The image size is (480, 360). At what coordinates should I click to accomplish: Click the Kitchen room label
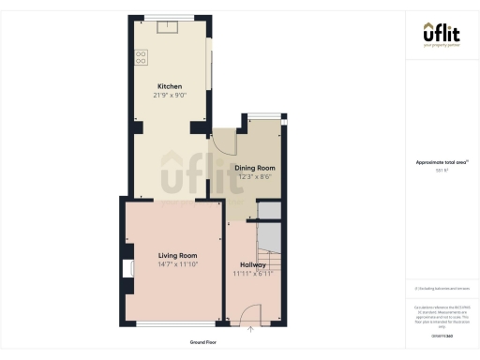pyautogui.click(x=170, y=86)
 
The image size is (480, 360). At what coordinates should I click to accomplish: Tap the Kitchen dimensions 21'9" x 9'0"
pyautogui.click(x=170, y=95)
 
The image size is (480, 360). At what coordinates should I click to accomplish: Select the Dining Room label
pyautogui.click(x=254, y=168)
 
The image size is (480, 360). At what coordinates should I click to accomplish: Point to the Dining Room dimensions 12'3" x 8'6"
pyautogui.click(x=254, y=176)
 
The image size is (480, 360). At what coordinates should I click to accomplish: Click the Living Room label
pyautogui.click(x=176, y=255)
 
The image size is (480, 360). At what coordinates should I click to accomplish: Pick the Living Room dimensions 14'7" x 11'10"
pyautogui.click(x=176, y=263)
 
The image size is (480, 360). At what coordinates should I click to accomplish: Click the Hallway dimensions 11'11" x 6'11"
pyautogui.click(x=252, y=273)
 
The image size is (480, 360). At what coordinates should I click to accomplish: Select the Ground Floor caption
pyautogui.click(x=203, y=342)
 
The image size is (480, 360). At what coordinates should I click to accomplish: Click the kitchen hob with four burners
pyautogui.click(x=142, y=57)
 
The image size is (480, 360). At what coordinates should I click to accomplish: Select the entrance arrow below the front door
pyautogui.click(x=250, y=328)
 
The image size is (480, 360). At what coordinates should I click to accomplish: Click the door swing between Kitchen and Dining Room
pyautogui.click(x=223, y=142)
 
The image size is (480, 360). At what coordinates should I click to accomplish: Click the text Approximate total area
pyautogui.click(x=440, y=162)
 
